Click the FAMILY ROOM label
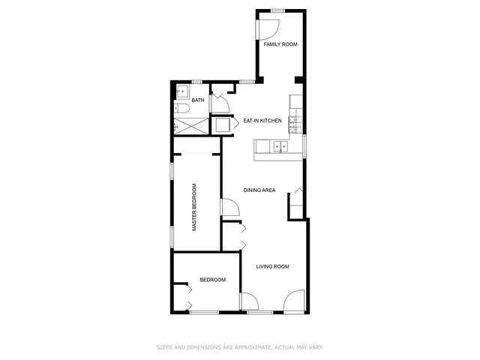280,44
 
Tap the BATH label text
198,100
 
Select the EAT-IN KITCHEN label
262,120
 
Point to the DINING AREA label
259,190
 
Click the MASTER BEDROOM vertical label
194,207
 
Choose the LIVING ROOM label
272,266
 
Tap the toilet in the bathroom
182,109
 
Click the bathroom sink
181,92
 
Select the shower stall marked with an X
190,125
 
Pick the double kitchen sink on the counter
280,147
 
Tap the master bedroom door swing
228,208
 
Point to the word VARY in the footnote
316,346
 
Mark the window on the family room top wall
278,10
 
